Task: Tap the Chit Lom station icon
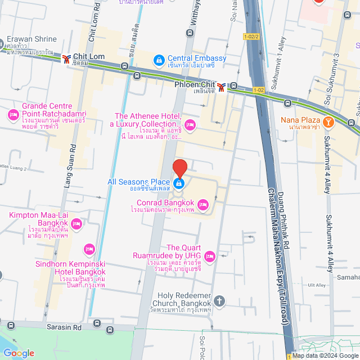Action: (x=66, y=58)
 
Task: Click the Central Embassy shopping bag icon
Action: (x=159, y=58)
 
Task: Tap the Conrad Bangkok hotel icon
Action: (x=203, y=203)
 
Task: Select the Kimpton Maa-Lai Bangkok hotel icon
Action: (x=77, y=225)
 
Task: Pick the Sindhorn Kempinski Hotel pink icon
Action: (x=88, y=249)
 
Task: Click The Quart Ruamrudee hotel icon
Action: (x=209, y=256)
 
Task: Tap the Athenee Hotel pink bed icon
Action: (x=190, y=124)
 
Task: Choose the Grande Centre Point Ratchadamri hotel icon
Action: (x=13, y=115)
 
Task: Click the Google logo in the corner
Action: (x=18, y=353)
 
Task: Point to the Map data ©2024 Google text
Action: (x=325, y=355)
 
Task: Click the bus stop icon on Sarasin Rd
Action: (x=97, y=323)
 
